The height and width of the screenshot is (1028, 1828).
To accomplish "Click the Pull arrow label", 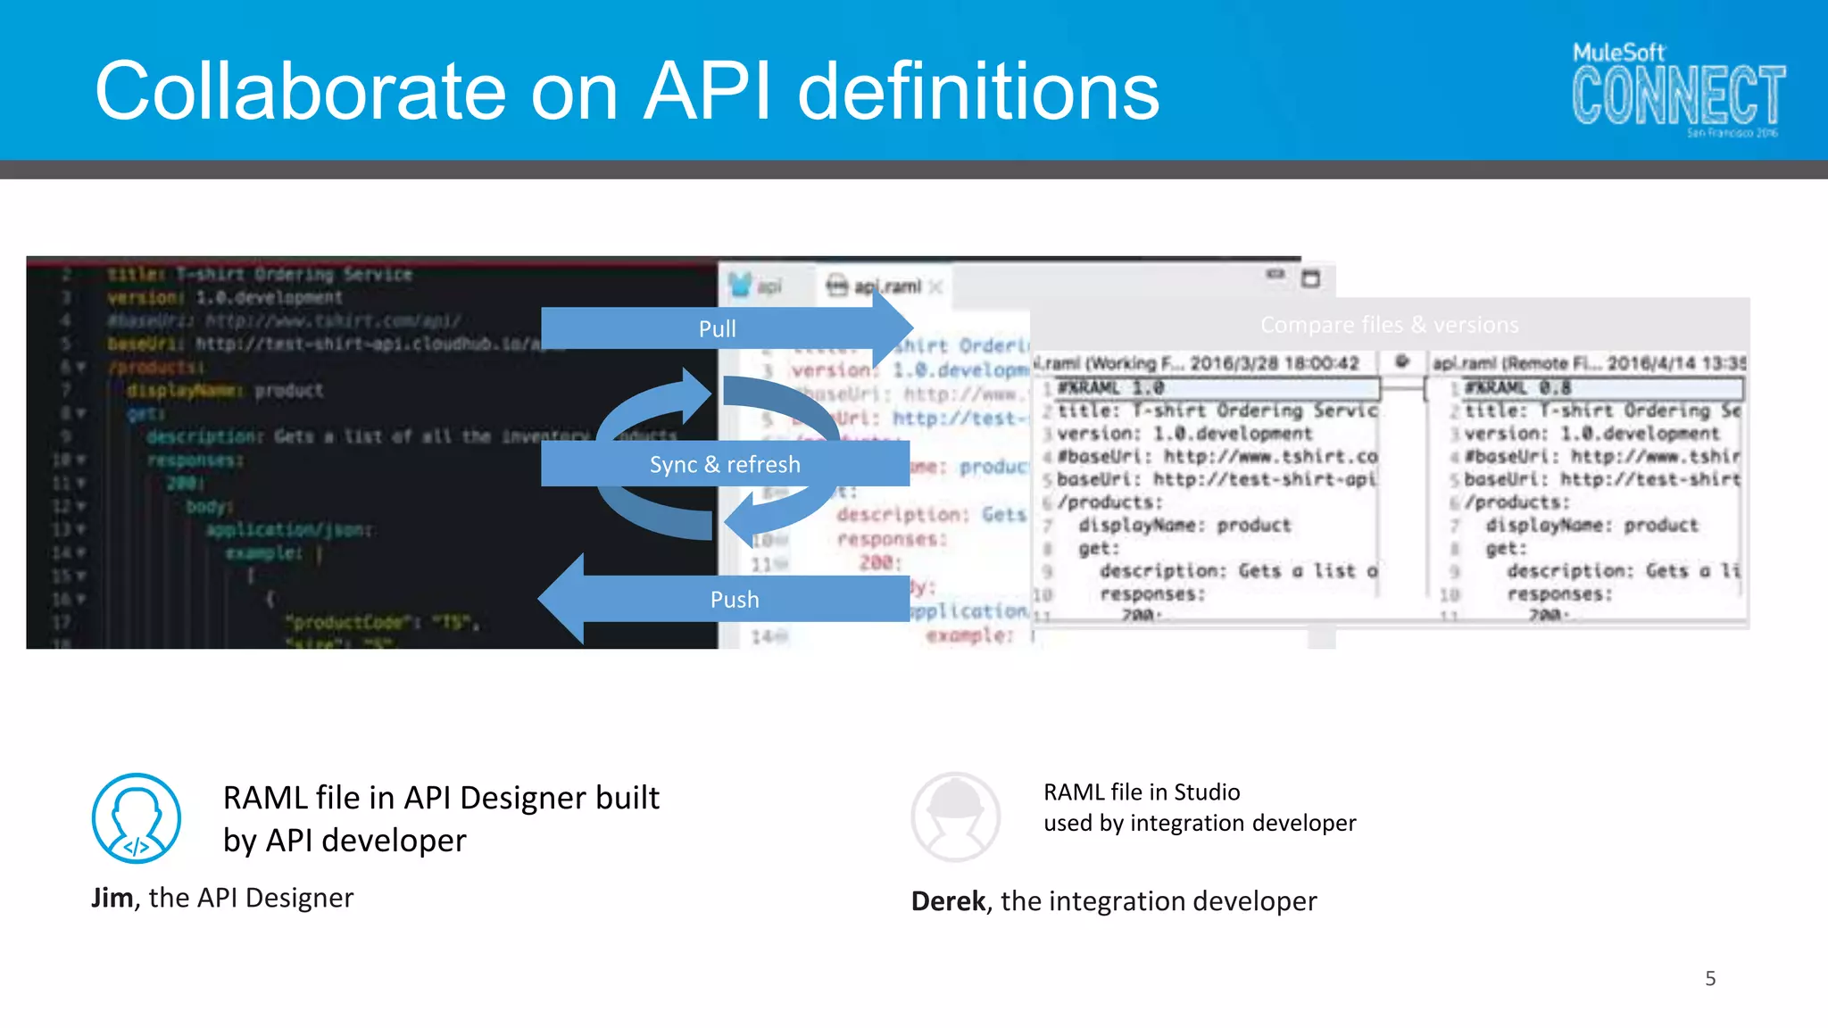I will click(x=717, y=329).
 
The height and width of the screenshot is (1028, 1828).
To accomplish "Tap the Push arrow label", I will click(x=735, y=600).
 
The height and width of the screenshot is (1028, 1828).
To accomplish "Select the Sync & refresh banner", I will click(x=725, y=465).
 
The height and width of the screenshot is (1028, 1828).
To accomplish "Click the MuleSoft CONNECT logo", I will click(x=1677, y=90).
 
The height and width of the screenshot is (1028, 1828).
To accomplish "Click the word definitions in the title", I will click(x=977, y=92).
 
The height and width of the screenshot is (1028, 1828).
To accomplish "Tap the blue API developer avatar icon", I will click(x=137, y=818).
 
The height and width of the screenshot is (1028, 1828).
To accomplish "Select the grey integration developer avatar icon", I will click(x=955, y=817).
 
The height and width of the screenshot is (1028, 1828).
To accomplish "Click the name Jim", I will click(x=112, y=898).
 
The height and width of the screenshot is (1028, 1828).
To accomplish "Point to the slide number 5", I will click(x=1710, y=979).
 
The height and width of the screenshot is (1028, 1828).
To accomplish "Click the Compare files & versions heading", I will click(x=1389, y=325).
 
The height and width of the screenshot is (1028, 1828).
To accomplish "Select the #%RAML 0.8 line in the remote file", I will click(x=1517, y=388).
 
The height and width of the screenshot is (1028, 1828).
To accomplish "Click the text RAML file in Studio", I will click(x=1142, y=792).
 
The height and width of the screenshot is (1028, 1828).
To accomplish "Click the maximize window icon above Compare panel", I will click(x=1310, y=279).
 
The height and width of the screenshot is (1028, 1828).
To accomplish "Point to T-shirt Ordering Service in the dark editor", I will click(x=294, y=274).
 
